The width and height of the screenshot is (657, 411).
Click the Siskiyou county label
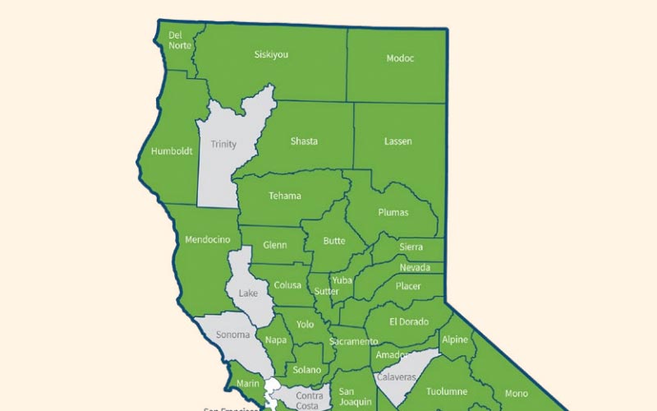click(271, 55)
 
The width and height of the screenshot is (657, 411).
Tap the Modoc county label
click(400, 58)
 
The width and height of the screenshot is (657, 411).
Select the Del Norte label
click(180, 40)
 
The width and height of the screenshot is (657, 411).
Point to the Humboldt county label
click(172, 151)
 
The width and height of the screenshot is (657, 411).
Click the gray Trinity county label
click(223, 145)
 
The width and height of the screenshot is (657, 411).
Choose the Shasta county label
click(304, 141)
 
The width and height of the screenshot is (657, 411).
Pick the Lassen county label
click(398, 141)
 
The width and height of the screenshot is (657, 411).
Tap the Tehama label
click(285, 196)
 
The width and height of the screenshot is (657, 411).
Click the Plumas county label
click(393, 212)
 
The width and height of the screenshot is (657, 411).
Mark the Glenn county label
click(275, 245)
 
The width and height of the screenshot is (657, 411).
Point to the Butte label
click(334, 241)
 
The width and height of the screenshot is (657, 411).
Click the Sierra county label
click(411, 247)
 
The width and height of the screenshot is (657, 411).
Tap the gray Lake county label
click(248, 293)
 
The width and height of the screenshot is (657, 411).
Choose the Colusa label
click(287, 286)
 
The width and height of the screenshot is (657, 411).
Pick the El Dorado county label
click(409, 321)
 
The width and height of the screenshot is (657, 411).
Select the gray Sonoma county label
click(233, 335)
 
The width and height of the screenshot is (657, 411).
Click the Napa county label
click(276, 339)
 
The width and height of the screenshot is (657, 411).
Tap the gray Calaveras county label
click(397, 376)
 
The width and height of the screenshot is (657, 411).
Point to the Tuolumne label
click(447, 391)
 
